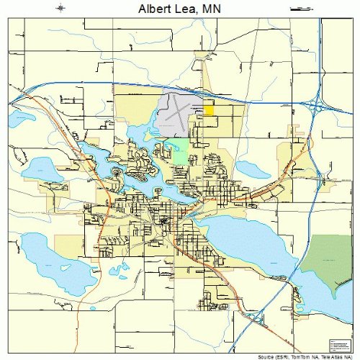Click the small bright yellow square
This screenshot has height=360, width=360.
coord(209,109)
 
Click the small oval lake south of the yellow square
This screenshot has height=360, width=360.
coord(253,169)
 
